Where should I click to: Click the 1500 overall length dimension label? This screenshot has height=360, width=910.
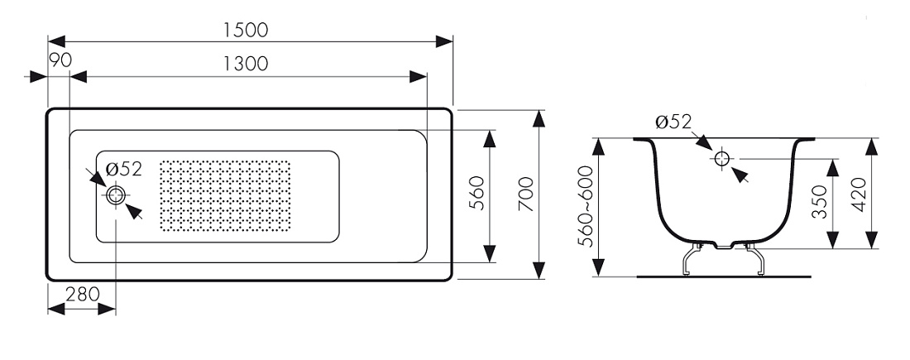point(246,30)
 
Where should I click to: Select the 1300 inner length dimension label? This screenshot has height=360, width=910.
point(246,63)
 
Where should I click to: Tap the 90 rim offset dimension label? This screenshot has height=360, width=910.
point(60,60)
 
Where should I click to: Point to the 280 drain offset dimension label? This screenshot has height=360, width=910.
point(83,295)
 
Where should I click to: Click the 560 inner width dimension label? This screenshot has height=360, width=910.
point(476,192)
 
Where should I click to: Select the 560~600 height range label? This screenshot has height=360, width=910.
point(587,206)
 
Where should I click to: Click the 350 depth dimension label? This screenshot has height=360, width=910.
point(818,201)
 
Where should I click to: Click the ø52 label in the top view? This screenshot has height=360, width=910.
point(123,170)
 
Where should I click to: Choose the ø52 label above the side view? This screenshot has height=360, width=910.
point(673,122)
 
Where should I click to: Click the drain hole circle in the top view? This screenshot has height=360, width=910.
point(116,195)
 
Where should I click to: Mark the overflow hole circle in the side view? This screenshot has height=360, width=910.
point(721,158)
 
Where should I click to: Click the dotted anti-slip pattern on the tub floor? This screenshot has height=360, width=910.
point(224,195)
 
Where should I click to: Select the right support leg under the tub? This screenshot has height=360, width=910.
point(754,259)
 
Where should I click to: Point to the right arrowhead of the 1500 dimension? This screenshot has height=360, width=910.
point(444,41)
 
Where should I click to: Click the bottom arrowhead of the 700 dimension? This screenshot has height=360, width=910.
point(539,271)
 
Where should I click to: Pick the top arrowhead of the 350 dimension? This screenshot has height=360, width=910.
point(833,167)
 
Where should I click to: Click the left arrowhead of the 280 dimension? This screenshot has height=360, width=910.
point(56,309)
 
